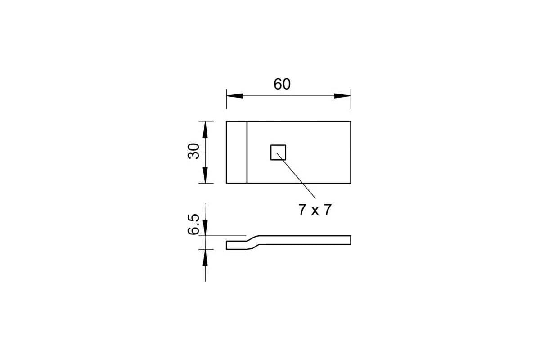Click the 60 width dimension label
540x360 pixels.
tap(282, 84)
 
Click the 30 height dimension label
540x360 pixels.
tap(193, 151)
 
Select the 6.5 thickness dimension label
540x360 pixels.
tap(193, 224)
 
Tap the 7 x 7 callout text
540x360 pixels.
tap(315, 210)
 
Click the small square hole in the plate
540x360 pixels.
tap(278, 153)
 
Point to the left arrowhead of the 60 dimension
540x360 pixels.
tap(235, 96)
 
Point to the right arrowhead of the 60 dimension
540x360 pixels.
tap(342, 96)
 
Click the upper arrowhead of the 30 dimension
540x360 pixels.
tap(205, 130)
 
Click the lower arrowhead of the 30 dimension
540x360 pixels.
tap(205, 175)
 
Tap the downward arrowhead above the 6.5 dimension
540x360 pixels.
tap(205, 227)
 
